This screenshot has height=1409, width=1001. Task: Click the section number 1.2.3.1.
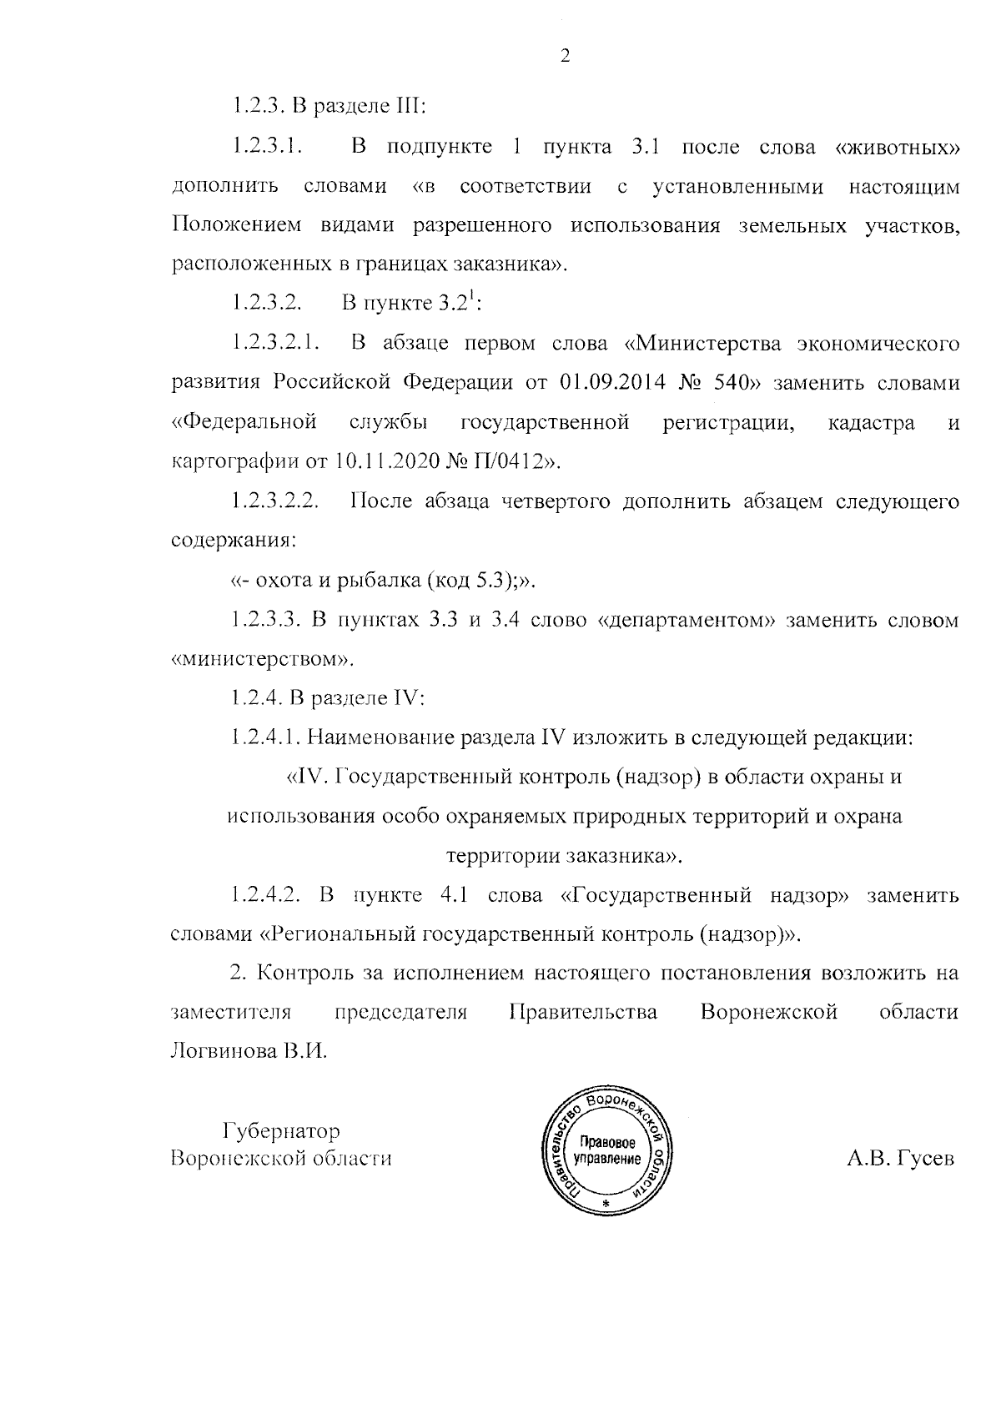(267, 148)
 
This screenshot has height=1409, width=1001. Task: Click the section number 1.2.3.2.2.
(276, 501)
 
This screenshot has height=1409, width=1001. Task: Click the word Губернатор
(281, 1131)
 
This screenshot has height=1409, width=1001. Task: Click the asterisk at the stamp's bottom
(606, 1207)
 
